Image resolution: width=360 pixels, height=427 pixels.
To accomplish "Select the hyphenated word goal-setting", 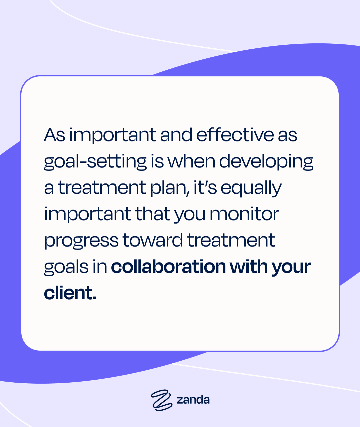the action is coord(95,161).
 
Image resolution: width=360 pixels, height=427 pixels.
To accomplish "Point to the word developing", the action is coord(266,161).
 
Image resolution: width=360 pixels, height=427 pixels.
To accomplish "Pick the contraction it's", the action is coord(205,187).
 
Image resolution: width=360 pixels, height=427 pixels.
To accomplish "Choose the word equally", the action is coord(251,188).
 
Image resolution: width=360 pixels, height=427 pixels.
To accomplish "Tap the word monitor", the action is coord(244,214).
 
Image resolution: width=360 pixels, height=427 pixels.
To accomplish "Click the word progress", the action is coord(81,241).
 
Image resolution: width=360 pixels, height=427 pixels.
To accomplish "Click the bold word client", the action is coord(70,293).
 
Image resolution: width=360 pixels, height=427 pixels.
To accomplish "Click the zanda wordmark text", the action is coord(193,400).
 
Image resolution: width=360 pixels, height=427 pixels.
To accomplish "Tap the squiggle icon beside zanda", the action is coord(161,400).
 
